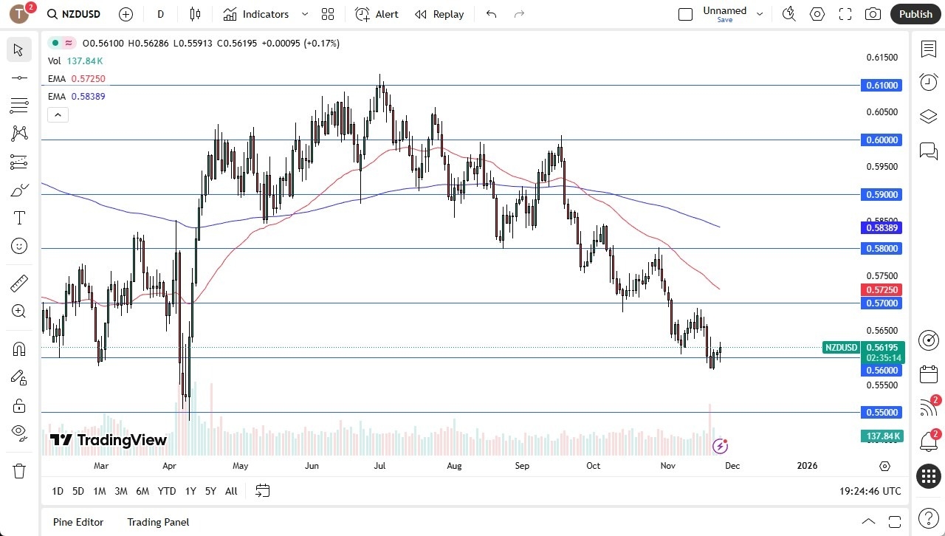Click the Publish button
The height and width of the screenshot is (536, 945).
coord(915,14)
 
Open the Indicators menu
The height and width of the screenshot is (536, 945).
coord(265,14)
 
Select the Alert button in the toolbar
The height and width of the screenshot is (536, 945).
coord(377,14)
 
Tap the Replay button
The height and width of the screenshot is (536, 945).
coord(439,14)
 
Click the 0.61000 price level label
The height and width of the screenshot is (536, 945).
coord(881,86)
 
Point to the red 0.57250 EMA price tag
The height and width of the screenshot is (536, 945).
coord(881,290)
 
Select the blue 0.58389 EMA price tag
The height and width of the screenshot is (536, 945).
coord(881,228)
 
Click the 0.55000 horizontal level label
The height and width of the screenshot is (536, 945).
coord(881,413)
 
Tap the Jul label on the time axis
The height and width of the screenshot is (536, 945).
coord(379,466)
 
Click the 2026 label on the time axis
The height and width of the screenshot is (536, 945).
coord(807,466)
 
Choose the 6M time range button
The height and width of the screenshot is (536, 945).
coord(142,491)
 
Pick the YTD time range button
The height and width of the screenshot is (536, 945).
coord(167,491)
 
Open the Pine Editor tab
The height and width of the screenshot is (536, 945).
coord(78,522)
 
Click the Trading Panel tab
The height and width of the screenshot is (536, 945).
coord(158,522)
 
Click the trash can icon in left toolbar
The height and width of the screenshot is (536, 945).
coord(19,471)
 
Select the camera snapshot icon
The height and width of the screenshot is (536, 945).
coord(873,14)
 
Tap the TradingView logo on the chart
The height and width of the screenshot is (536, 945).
coord(109,441)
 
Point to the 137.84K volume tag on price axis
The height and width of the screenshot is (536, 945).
coord(881,436)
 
